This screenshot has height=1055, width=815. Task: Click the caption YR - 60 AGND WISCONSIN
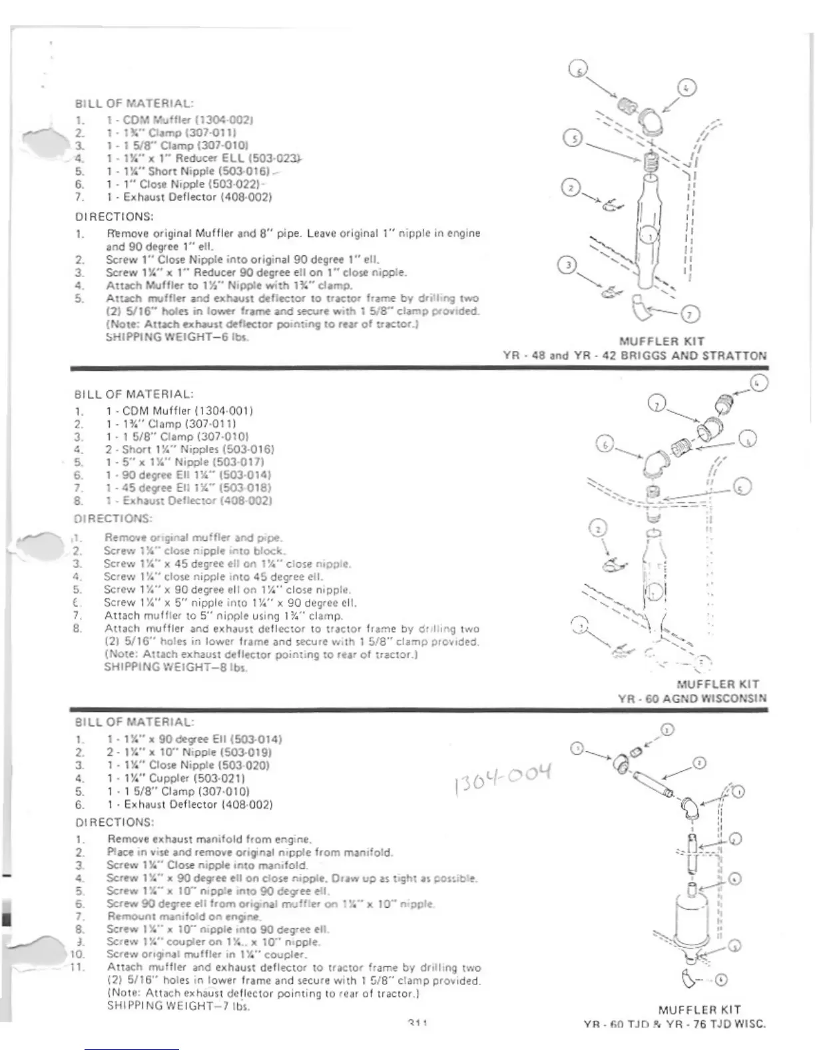(x=692, y=699)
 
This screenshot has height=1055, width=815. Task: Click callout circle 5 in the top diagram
(x=572, y=139)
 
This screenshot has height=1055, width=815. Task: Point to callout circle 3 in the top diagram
(x=568, y=265)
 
